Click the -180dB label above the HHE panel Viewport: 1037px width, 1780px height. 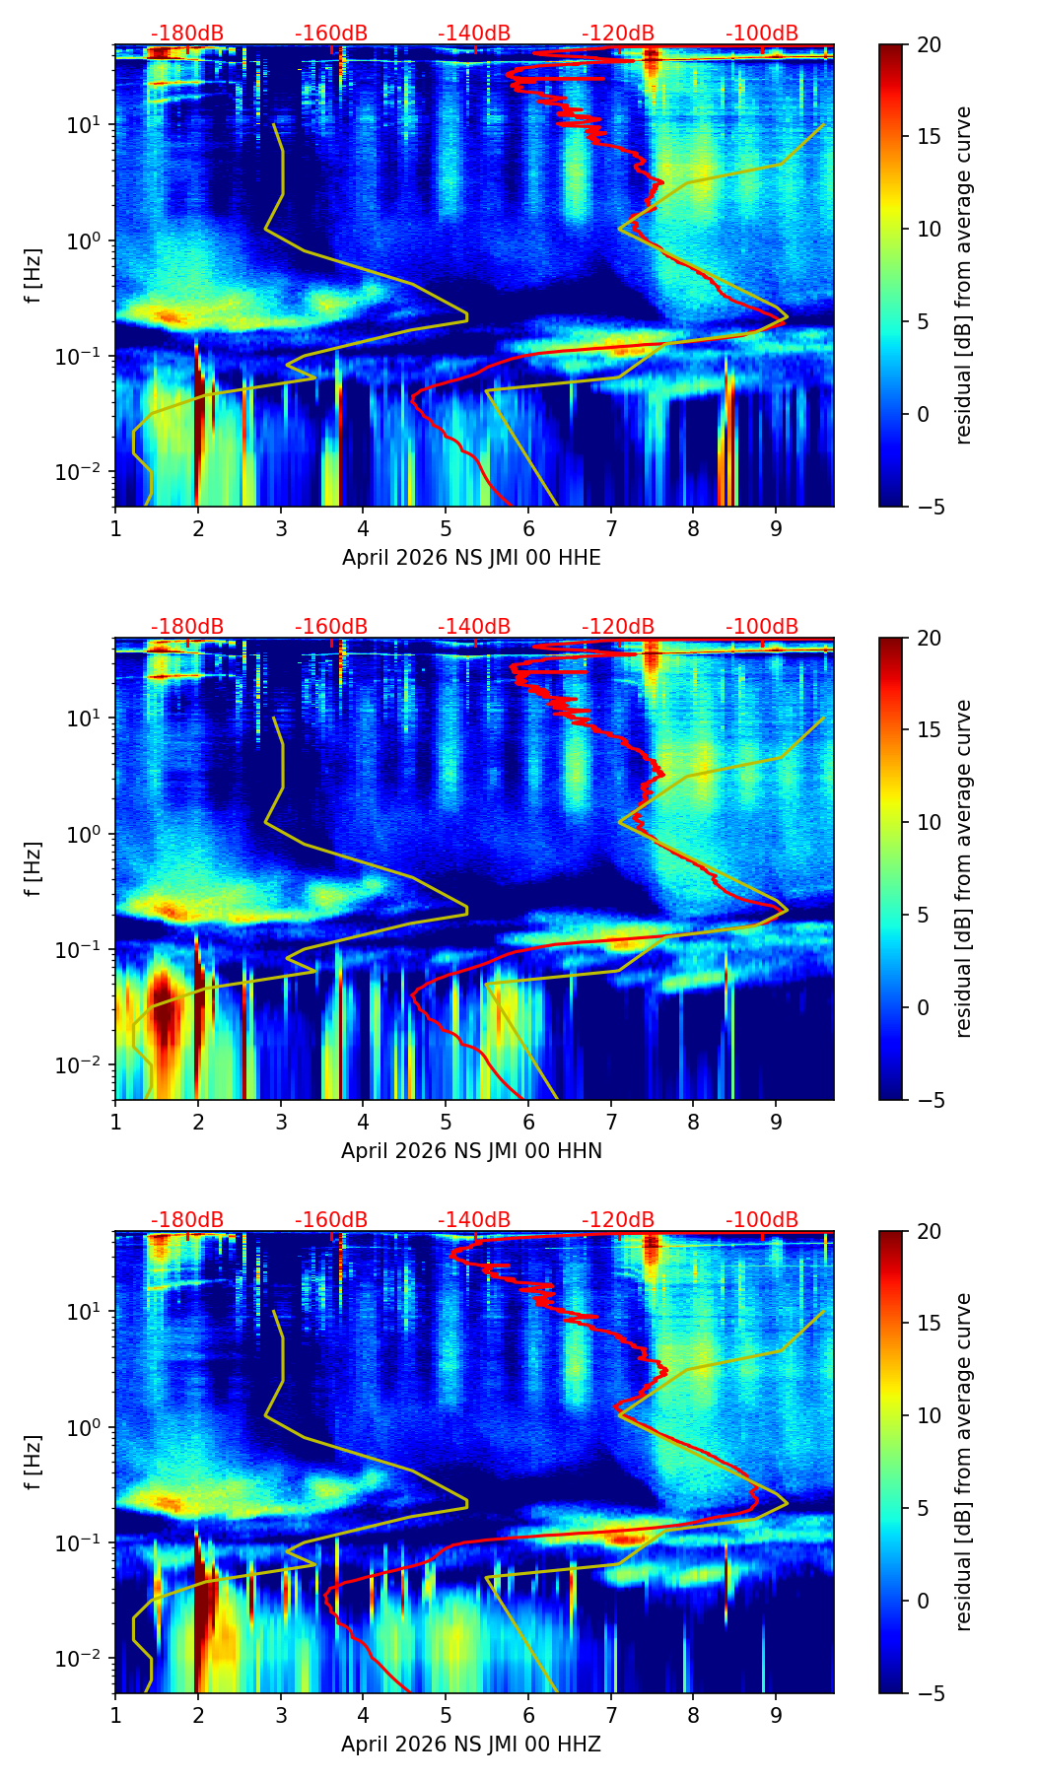187,34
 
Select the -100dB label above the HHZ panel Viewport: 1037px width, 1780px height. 762,1220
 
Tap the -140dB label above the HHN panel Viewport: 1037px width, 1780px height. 474,627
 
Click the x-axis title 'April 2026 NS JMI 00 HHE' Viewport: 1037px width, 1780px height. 471,558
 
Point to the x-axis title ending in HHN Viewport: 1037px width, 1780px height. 471,1151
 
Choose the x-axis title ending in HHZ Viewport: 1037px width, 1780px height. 471,1745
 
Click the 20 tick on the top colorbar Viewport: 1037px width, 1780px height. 929,45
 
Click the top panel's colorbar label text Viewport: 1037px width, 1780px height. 964,275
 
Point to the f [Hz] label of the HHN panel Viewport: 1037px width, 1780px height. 34,868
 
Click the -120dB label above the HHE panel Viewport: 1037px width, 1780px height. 618,34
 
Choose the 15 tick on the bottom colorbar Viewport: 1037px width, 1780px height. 929,1324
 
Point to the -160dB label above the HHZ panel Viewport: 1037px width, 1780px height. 331,1220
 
